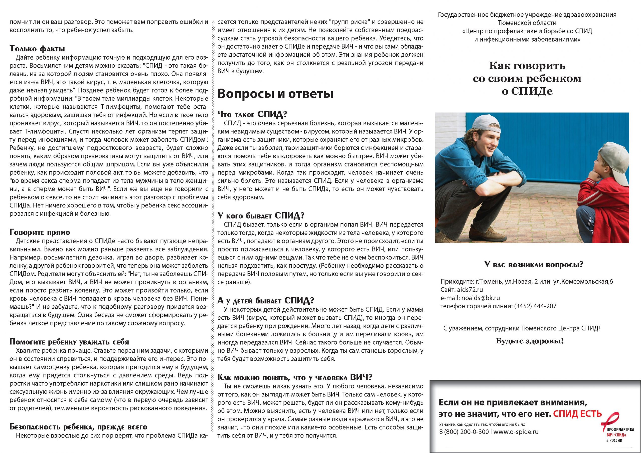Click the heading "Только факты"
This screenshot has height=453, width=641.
coord(37,49)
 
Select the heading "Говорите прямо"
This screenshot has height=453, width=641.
coord(40,232)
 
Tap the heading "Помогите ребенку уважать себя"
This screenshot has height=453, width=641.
coord(69,342)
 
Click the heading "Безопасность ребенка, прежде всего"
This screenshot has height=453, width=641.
coord(78,426)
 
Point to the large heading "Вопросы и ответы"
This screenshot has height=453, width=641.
coord(275,94)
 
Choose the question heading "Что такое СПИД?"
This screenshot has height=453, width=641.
coord(252,114)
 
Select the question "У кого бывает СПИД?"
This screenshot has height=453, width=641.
coord(261,215)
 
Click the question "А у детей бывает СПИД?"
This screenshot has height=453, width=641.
coord(266,300)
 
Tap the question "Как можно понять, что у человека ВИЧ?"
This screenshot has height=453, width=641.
coord(294,377)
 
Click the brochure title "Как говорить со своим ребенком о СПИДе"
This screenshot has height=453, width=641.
coord(527,78)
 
